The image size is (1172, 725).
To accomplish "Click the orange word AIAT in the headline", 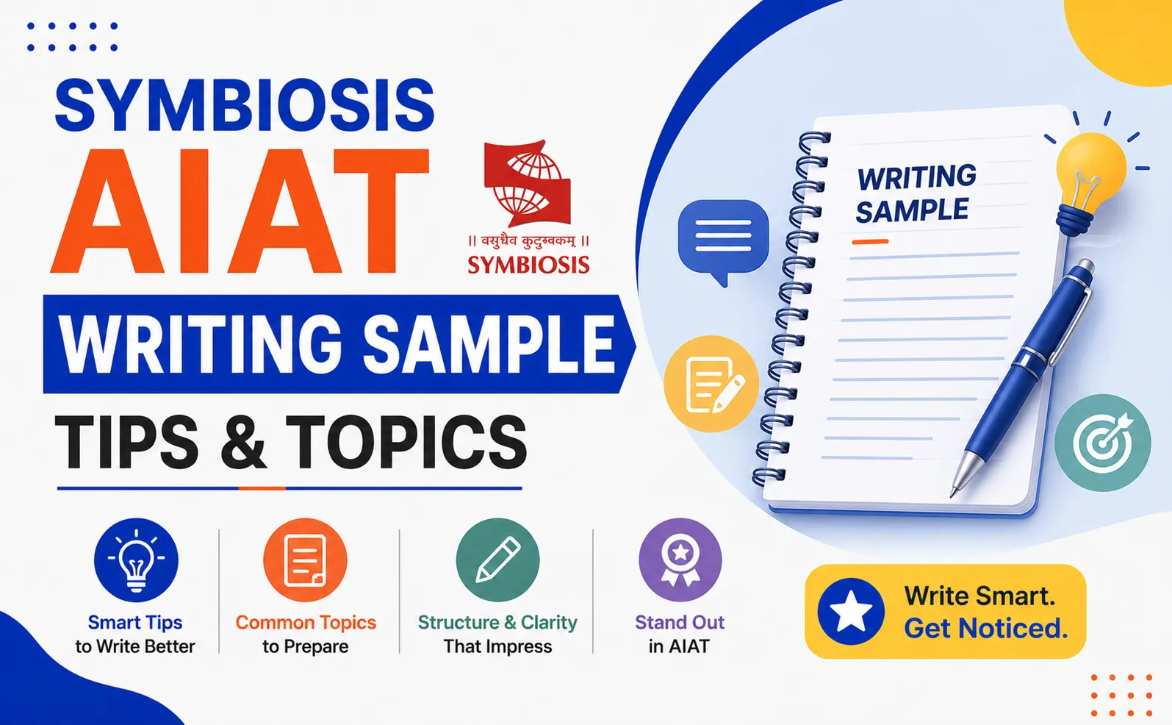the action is (240, 210).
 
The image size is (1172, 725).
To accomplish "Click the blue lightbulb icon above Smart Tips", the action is (136, 560).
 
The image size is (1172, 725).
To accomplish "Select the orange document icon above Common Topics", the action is (305, 560).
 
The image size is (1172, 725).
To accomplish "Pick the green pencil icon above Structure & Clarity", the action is (497, 560).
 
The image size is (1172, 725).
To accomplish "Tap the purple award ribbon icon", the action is (680, 560).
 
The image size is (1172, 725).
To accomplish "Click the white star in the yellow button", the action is (851, 612).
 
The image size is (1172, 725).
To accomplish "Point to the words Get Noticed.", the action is (986, 628).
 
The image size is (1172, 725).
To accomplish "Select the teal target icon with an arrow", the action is (1103, 443).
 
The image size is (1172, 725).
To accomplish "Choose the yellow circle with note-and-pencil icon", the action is (711, 384).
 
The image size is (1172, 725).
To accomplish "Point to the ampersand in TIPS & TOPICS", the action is (242, 443).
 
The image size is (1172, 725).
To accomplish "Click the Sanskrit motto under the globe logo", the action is (528, 240).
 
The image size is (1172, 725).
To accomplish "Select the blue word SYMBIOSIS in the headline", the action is (245, 104).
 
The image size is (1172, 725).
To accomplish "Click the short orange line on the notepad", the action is (870, 241).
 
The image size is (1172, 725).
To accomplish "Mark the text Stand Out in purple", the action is (680, 622).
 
